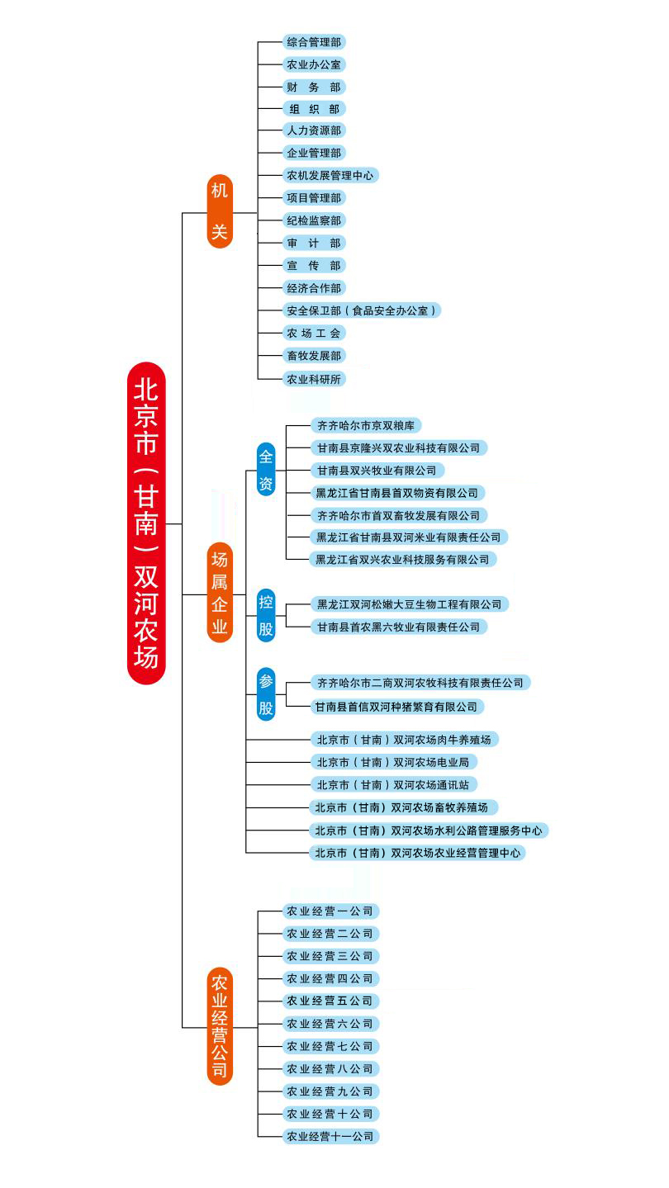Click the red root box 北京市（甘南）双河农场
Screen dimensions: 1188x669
(146, 523)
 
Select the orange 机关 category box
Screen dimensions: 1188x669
(219, 211)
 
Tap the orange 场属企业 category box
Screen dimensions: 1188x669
(219, 593)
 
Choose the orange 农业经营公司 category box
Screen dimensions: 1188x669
(220, 1026)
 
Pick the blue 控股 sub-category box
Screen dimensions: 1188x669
(266, 615)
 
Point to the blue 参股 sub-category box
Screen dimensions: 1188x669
(266, 694)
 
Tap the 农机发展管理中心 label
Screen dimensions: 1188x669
(330, 175)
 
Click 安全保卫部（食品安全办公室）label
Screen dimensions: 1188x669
(361, 310)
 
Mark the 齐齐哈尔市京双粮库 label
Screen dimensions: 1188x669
(365, 425)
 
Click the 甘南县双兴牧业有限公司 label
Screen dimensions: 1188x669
(377, 471)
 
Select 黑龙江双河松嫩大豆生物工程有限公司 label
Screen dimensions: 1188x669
(408, 604)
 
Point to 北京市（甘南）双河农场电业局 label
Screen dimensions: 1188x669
(392, 762)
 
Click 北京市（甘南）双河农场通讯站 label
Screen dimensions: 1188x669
(392, 784)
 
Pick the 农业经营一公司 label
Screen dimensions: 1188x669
(330, 911)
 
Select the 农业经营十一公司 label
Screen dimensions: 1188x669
(330, 1136)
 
